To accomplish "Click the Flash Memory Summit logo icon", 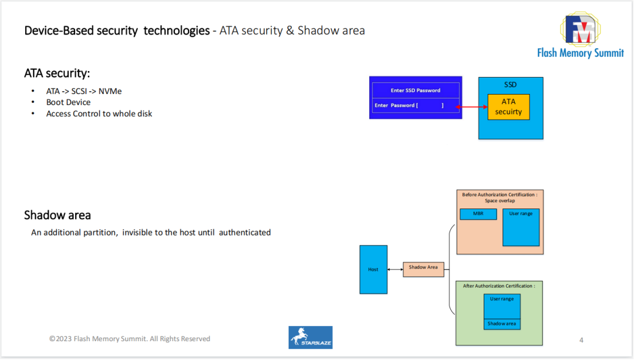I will (579, 29).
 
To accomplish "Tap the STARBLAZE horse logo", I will (311, 337).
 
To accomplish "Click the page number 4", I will (581, 340).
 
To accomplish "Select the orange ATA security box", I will (508, 107).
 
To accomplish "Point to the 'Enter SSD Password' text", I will (415, 90).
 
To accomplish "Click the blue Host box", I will (373, 270).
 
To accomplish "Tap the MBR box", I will (478, 214).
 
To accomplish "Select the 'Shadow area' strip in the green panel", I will (502, 324).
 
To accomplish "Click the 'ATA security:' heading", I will (57, 73).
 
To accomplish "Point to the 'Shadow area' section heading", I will (58, 215).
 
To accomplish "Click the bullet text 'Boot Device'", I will (68, 102).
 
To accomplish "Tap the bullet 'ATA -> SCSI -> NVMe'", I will (84, 91).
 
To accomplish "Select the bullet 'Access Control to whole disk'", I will (99, 113).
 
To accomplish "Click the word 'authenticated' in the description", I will (245, 233).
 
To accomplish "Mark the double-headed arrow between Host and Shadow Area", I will (395, 270).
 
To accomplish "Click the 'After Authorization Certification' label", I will (498, 286).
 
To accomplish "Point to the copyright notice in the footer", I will (130, 339).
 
